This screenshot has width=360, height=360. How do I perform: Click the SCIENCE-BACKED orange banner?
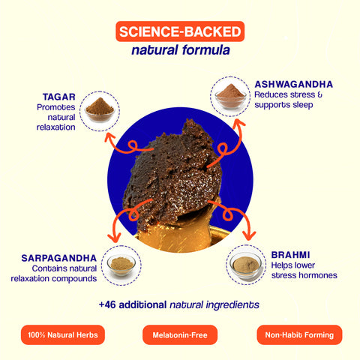tap(180, 31)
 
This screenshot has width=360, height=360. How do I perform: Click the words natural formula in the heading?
tap(181, 49)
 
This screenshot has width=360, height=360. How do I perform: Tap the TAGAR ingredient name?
tap(59, 97)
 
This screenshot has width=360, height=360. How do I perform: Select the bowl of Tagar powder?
tap(100, 110)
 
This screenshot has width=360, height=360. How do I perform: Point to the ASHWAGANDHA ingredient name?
tap(294, 85)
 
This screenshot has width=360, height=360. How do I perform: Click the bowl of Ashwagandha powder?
tap(230, 97)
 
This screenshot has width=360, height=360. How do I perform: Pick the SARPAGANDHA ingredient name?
tap(59, 258)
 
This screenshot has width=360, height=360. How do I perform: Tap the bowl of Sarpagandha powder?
tap(121, 265)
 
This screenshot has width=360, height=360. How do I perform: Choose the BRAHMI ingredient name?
tap(290, 255)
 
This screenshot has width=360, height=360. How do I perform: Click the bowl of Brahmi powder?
tap(246, 265)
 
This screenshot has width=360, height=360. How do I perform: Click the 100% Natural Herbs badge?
tap(63, 334)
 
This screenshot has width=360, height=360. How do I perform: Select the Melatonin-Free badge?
tap(180, 334)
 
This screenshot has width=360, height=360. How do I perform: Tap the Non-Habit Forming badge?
tap(299, 334)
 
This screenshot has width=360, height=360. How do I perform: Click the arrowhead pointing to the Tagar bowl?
tap(109, 137)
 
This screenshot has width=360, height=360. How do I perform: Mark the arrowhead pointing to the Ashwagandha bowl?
tap(238, 123)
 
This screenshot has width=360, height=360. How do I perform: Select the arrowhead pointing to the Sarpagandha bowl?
tap(115, 238)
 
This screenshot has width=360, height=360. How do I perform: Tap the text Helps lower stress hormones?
tap(304, 270)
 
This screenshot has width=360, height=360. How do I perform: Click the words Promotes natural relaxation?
tap(56, 117)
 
